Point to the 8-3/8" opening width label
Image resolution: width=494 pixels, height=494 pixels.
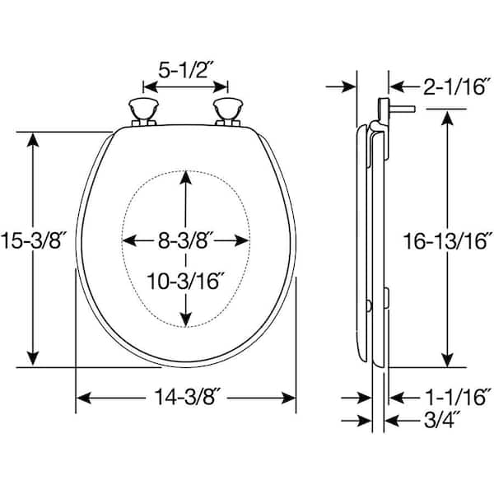(x=186, y=240)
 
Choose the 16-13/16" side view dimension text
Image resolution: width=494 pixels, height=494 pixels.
(x=448, y=241)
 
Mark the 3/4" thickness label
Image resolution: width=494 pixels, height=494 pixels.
(x=442, y=420)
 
